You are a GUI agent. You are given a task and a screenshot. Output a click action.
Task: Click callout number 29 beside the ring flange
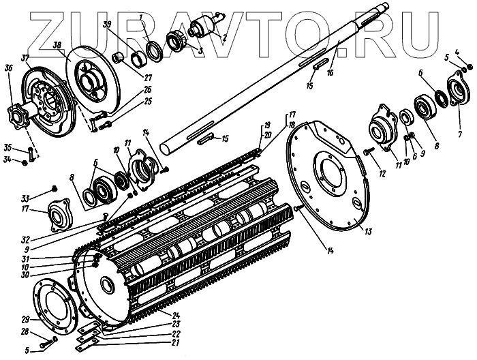[x=24, y=319]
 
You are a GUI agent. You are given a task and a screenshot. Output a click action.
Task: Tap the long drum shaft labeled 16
[x=273, y=82]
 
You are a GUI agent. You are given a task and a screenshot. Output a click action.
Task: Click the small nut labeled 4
[x=469, y=67]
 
